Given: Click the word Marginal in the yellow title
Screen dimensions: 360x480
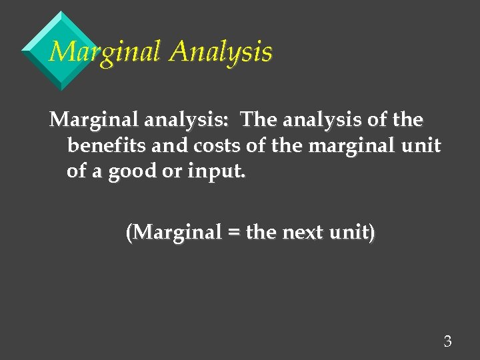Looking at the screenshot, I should click(105, 52).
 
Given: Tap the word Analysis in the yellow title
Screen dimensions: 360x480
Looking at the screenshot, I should click(220, 52).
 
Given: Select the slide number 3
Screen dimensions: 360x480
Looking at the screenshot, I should click(447, 342).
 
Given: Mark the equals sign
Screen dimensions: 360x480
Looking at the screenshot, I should click(232, 233).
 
